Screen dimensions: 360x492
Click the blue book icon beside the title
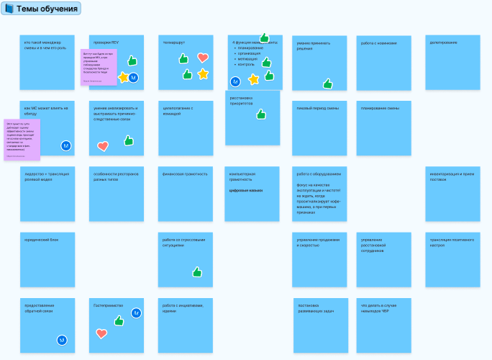pos(9,9)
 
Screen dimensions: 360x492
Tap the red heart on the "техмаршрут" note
pos(203,58)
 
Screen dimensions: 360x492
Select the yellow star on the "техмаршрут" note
pos(203,73)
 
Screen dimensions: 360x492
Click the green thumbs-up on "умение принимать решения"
pos(328,84)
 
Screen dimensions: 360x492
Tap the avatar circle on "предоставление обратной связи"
pos(62,340)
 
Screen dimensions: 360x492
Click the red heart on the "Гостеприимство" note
pos(101,333)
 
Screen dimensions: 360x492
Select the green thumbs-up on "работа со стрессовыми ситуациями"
pos(197,271)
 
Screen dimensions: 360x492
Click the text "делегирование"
pos(444,42)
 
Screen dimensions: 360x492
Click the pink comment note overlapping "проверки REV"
pos(98,67)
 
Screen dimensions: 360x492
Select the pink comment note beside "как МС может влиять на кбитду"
pos(22,139)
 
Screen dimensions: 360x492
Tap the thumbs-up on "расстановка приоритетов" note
pos(261,114)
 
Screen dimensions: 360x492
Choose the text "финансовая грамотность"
pos(185,174)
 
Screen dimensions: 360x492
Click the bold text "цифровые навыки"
pos(245,191)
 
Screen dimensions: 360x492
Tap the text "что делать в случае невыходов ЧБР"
pos(379,308)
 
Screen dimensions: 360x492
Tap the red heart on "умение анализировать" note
pos(103,146)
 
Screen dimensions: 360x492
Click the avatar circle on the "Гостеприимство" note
pos(136,312)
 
